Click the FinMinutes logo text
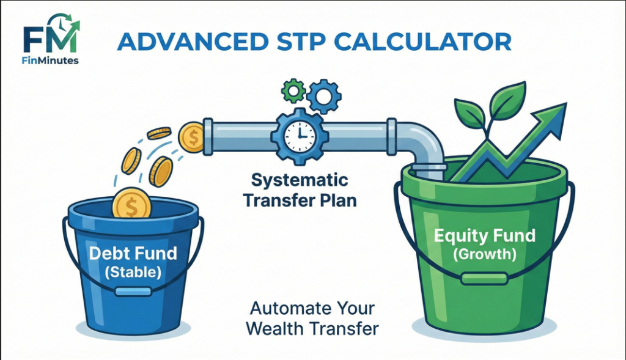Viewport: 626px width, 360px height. pos(51,61)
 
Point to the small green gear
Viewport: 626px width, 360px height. pos(293,92)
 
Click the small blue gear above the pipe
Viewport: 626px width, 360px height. pos(324,95)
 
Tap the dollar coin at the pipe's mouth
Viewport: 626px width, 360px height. pos(192,137)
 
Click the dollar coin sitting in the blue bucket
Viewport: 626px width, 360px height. pos(131,204)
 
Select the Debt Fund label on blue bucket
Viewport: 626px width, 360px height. pos(133,253)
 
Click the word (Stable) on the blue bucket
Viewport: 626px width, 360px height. pos(133,273)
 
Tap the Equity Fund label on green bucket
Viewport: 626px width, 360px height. pos(484,236)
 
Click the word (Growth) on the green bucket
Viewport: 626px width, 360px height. pos(484,254)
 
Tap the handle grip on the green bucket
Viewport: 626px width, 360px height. pos(484,279)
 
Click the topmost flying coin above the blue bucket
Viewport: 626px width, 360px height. pos(159,133)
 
